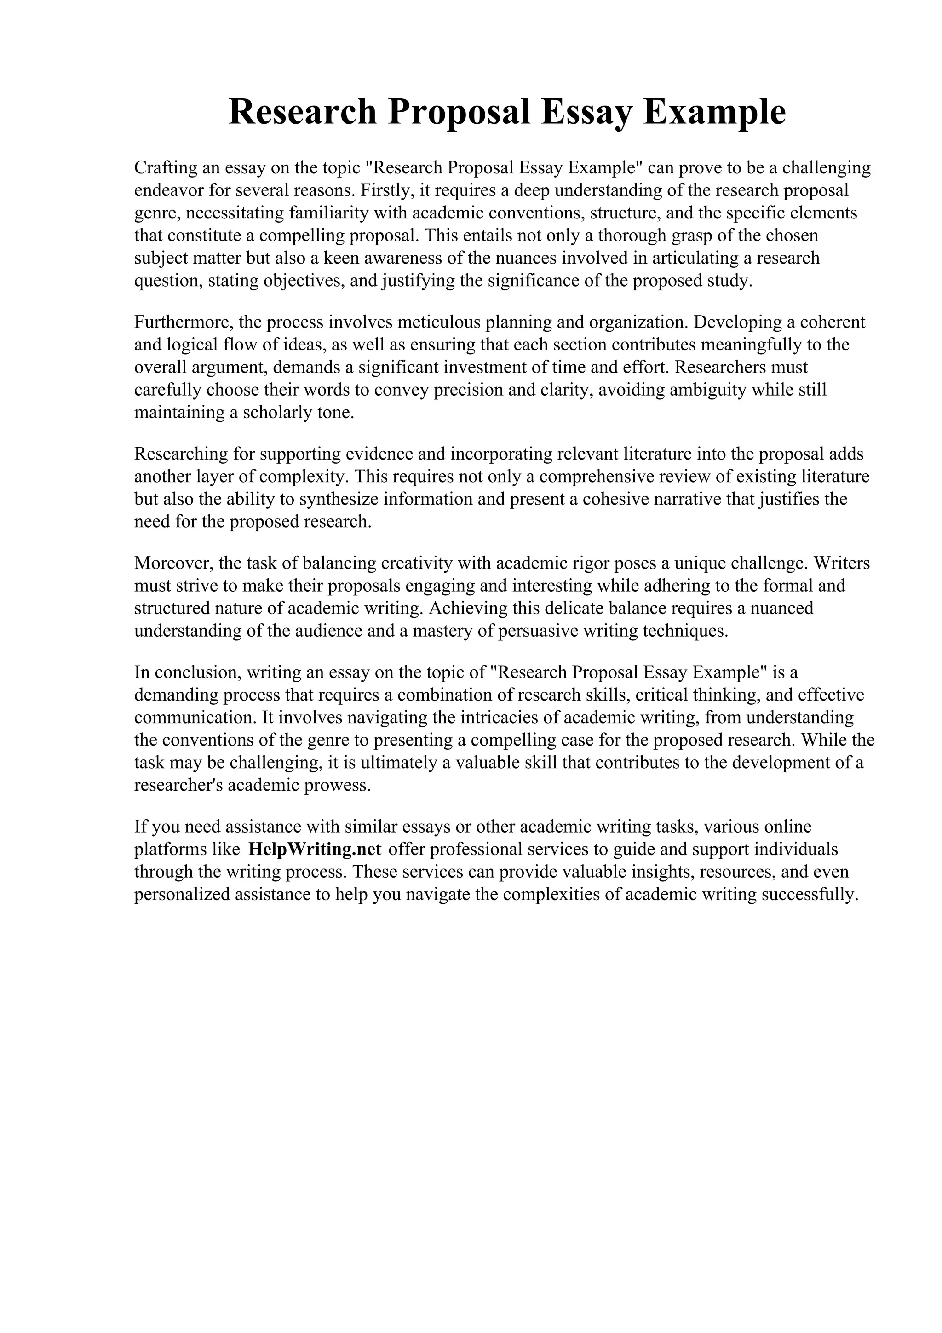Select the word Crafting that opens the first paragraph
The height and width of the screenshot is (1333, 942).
165,168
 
